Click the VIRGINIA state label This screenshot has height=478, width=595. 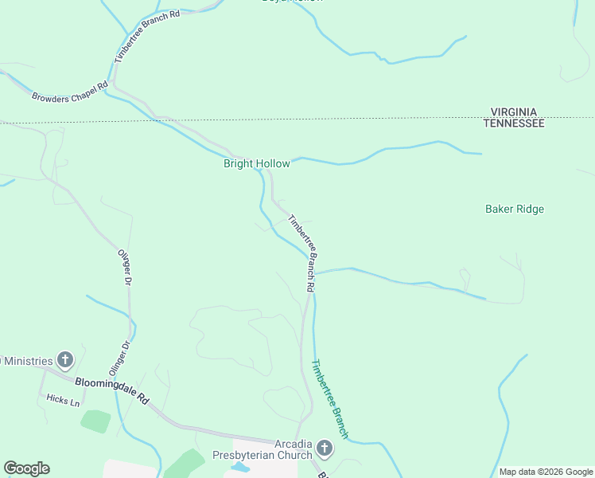click(x=513, y=112)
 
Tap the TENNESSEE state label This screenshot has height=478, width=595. click(x=514, y=123)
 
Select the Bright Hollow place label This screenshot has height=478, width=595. click(x=256, y=164)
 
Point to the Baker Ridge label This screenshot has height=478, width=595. click(x=515, y=210)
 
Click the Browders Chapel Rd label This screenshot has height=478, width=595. click(x=69, y=92)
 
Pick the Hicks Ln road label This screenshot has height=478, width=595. click(x=63, y=401)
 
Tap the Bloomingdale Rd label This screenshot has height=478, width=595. click(x=112, y=388)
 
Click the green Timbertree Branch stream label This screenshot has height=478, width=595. click(x=329, y=399)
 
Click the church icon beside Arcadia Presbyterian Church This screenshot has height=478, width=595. click(x=325, y=448)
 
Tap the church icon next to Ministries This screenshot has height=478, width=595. click(x=65, y=361)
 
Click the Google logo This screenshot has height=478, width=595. click(x=26, y=468)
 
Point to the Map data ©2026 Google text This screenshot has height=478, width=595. click(x=546, y=472)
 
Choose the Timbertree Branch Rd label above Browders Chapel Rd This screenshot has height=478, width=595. click(x=146, y=36)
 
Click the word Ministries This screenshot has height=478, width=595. click(x=28, y=361)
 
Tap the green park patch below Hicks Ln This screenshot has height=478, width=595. click(x=96, y=421)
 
